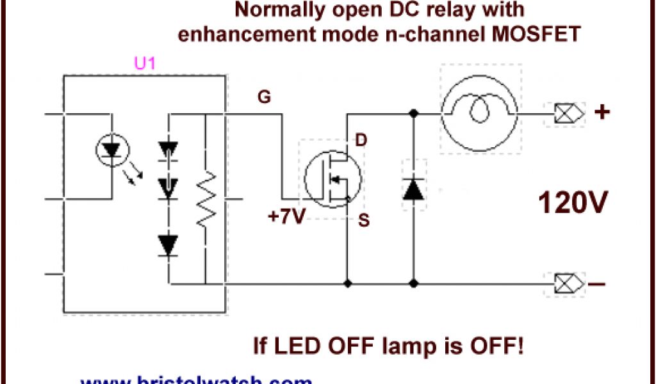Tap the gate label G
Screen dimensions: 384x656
pyautogui.click(x=263, y=97)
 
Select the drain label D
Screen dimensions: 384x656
pyautogui.click(x=361, y=140)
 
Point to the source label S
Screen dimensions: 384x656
pyautogui.click(x=363, y=221)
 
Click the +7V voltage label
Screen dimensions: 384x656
pyautogui.click(x=285, y=217)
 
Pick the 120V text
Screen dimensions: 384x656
pyautogui.click(x=573, y=204)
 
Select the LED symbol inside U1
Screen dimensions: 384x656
pyautogui.click(x=111, y=150)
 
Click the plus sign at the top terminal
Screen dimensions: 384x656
pyautogui.click(x=602, y=112)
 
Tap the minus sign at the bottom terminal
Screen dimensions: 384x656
pyautogui.click(x=598, y=284)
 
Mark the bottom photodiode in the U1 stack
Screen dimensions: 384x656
pyautogui.click(x=168, y=244)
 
